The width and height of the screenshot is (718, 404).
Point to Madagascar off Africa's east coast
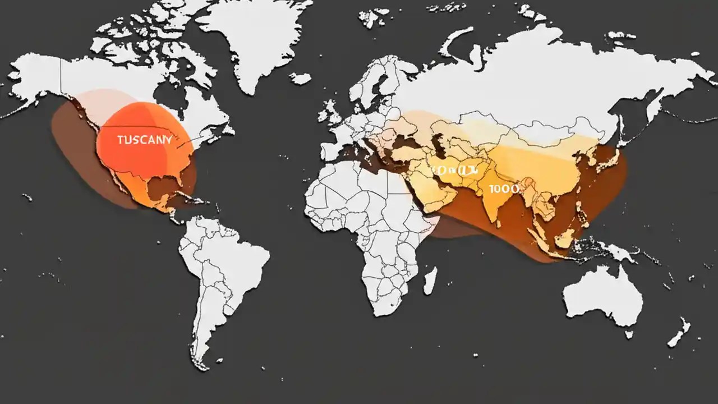430,281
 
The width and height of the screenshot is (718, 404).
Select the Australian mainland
603,295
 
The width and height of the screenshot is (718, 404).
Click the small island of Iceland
300,79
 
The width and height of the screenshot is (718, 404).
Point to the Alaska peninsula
34,84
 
